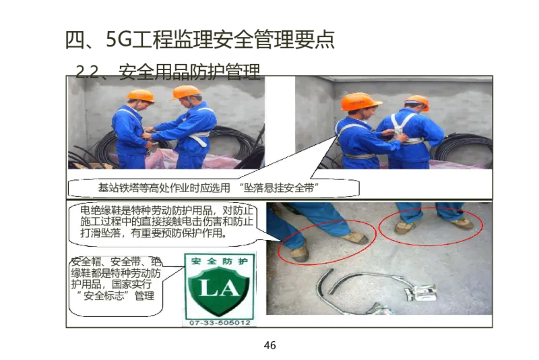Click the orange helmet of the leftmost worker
[141, 96]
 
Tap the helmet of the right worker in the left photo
[186, 91]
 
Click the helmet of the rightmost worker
[417, 101]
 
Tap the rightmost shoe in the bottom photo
[462, 222]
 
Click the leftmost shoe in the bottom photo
[299, 253]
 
